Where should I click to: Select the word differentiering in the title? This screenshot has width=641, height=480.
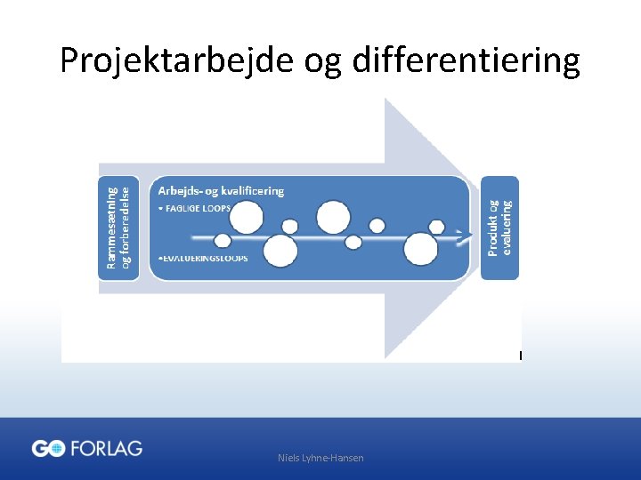(x=467, y=60)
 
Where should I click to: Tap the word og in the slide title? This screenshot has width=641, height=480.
(x=323, y=62)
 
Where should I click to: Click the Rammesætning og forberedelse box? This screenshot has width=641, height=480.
(x=118, y=228)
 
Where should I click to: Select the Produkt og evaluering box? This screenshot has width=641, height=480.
(x=499, y=228)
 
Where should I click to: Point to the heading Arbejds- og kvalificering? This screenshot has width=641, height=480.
(x=221, y=190)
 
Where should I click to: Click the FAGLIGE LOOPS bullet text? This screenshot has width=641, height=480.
(x=196, y=208)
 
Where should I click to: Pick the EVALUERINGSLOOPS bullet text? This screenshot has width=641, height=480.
(x=203, y=258)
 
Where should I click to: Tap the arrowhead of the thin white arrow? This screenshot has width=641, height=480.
(x=465, y=237)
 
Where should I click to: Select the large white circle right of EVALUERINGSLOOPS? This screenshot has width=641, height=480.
(x=280, y=252)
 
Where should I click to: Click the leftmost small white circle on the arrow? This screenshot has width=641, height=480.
(x=223, y=240)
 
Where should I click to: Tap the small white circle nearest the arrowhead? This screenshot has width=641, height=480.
(x=436, y=227)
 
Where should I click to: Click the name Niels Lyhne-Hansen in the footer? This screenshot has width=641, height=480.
(x=320, y=458)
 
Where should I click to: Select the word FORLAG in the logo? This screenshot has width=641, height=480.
(x=106, y=448)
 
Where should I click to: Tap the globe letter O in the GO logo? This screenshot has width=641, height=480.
(x=56, y=449)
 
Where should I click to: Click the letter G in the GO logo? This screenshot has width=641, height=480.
(x=40, y=449)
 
